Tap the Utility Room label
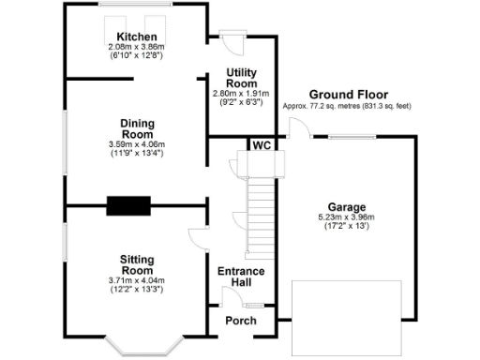click(241, 77)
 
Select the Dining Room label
click(136, 127)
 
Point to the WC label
click(262, 145)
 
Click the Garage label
click(346, 207)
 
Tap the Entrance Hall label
click(241, 277)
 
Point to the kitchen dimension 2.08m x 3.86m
click(137, 46)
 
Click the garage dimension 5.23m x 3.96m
click(346, 217)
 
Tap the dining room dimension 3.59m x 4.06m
click(136, 144)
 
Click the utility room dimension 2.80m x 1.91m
click(241, 94)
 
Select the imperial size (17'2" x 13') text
click(346, 227)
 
